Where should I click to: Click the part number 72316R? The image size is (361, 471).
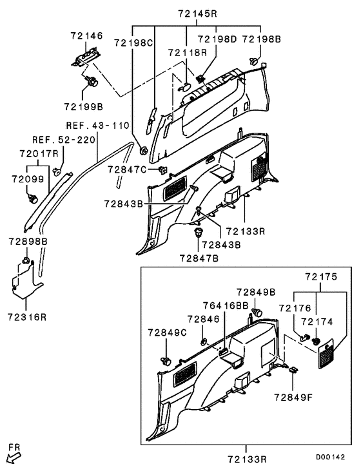click(x=26, y=316)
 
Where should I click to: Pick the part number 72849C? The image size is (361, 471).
click(x=167, y=332)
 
